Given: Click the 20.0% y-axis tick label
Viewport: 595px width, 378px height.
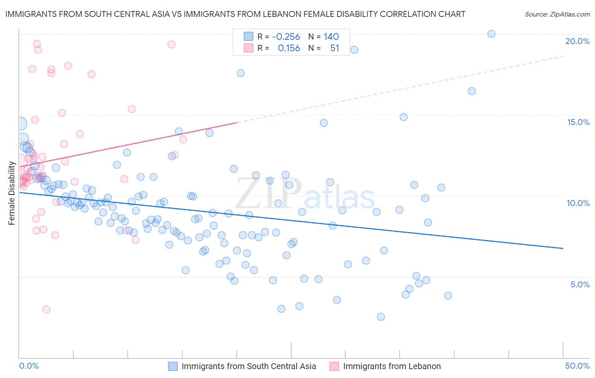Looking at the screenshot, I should pyautogui.click(x=577, y=41).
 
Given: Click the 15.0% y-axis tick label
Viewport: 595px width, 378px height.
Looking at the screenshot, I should pyautogui.click(x=578, y=122).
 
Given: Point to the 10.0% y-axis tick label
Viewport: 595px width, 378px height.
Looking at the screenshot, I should pyautogui.click(x=578, y=203).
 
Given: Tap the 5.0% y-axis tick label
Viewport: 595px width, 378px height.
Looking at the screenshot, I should pyautogui.click(x=580, y=284).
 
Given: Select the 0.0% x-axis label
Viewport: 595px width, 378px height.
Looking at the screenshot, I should pyautogui.click(x=29, y=366).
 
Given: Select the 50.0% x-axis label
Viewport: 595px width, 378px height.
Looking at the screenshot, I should pyautogui.click(x=577, y=366).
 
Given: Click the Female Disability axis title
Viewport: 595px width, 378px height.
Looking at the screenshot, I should pyautogui.click(x=11, y=193).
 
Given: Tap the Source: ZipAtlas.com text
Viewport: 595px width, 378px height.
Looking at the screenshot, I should pyautogui.click(x=557, y=14).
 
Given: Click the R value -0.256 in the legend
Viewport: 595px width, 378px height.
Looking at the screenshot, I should pyautogui.click(x=286, y=36).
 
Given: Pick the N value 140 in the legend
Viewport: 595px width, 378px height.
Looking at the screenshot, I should pyautogui.click(x=331, y=36).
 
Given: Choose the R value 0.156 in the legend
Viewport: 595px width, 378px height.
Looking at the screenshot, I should pyautogui.click(x=289, y=48).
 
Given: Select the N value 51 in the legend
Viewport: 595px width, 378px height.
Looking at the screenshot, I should pyautogui.click(x=334, y=48).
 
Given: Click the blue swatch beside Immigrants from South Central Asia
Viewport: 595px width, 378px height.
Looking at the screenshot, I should pyautogui.click(x=173, y=366).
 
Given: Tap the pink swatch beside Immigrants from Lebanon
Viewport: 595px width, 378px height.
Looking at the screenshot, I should pyautogui.click(x=334, y=366).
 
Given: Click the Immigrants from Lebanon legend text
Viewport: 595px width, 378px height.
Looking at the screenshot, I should pyautogui.click(x=392, y=366).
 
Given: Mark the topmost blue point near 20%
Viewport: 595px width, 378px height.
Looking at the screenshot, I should pyautogui.click(x=491, y=34).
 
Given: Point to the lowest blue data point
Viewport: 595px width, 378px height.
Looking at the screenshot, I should pyautogui.click(x=381, y=317).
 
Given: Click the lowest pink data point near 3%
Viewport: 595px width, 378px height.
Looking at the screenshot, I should pyautogui.click(x=47, y=309).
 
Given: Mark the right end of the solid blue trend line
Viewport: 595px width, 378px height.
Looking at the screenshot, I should pyautogui.click(x=563, y=248).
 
